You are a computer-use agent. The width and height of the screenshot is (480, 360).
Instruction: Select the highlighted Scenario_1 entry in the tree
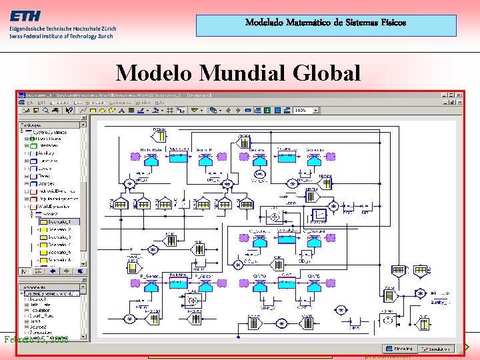pos(59,221)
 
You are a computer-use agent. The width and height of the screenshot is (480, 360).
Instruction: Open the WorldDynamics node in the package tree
pos(53,206)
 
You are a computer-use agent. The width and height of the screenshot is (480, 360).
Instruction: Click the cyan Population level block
pos(177,281)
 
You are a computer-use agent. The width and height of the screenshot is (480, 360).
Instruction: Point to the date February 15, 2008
pos(37,339)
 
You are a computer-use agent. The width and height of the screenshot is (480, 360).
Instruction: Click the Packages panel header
pos(33,125)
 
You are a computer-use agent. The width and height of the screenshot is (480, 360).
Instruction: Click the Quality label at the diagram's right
pos(440,301)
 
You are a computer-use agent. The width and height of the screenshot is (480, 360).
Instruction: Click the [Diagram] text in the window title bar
pos(197,95)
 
